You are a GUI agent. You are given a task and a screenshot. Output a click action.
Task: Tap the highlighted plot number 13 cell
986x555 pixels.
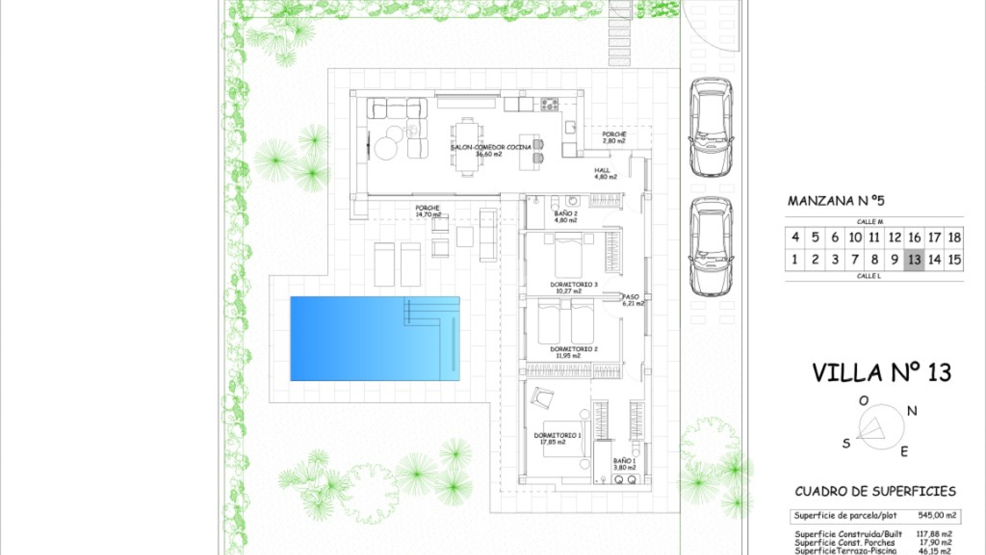coord(914,260)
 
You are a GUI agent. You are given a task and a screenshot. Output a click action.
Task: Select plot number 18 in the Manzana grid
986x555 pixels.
coord(954,237)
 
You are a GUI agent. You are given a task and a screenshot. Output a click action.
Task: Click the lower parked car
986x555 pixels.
coord(711,247)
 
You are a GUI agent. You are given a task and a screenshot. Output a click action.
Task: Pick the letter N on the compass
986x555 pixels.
coord(912,411)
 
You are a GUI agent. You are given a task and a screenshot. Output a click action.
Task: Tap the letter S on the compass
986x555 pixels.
coord(846,443)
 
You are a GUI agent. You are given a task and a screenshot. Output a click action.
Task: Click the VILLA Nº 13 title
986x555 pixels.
coord(881,373)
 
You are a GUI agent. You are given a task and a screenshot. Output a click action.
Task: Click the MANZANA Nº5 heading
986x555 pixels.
coord(836,201)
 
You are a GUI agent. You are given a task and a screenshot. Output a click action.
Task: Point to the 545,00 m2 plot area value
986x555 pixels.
coord(937,515)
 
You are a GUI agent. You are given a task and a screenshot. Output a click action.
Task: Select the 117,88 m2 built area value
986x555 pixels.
coord(934,534)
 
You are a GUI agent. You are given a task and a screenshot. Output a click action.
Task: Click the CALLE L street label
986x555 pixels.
coord(868,276)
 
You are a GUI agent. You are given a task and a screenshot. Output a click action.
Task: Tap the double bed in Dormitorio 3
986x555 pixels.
coord(568,255)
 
